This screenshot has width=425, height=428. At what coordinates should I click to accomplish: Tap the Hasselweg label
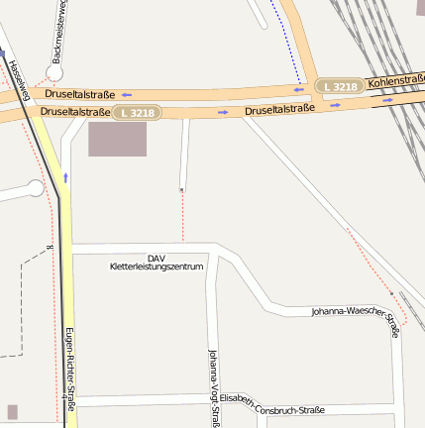[x=19, y=80]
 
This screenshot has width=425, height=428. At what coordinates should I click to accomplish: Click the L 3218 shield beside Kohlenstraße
[x=340, y=87]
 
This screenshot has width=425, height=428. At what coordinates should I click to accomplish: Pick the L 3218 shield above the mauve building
[x=136, y=113]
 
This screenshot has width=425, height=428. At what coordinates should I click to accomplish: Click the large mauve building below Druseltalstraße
[x=117, y=139]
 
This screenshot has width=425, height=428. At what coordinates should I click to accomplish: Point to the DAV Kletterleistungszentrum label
[x=157, y=262]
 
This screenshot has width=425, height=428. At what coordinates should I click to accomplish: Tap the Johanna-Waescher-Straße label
[x=355, y=317]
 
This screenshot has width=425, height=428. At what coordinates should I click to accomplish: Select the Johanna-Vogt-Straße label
[x=213, y=386]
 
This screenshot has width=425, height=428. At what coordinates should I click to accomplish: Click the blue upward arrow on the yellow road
[x=65, y=177]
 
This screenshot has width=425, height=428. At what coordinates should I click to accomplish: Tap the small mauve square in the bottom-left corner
[x=12, y=411]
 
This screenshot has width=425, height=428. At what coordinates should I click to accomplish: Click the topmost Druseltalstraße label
[x=80, y=93]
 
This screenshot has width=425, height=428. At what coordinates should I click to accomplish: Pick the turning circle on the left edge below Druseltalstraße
[x=36, y=188]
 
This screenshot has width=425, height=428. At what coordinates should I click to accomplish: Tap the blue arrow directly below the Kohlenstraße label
[x=389, y=99]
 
